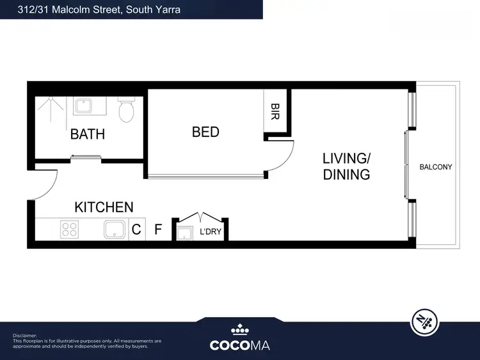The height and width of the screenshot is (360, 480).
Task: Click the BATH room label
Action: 88,134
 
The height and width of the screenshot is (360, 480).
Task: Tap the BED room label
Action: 205,132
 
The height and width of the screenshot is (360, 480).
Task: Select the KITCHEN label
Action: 104,207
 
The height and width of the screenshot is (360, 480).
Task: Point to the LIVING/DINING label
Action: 346,166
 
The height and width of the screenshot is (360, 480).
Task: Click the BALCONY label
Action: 435,167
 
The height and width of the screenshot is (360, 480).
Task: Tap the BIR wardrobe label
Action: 275,112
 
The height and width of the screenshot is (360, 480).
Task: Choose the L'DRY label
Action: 211,231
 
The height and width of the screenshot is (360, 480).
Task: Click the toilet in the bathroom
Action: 126,110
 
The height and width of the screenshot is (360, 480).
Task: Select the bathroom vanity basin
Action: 83,106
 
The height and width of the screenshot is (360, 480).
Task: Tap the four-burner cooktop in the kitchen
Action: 69,229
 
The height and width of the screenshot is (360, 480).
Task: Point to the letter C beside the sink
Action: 136,230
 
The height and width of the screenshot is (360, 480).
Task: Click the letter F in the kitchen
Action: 158,230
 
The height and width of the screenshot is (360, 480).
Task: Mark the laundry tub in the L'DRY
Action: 185,233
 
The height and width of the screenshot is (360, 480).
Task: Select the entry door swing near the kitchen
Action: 42,185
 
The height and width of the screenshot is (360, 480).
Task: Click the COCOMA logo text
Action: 240,345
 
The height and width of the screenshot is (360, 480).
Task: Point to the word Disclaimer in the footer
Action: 25,335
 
